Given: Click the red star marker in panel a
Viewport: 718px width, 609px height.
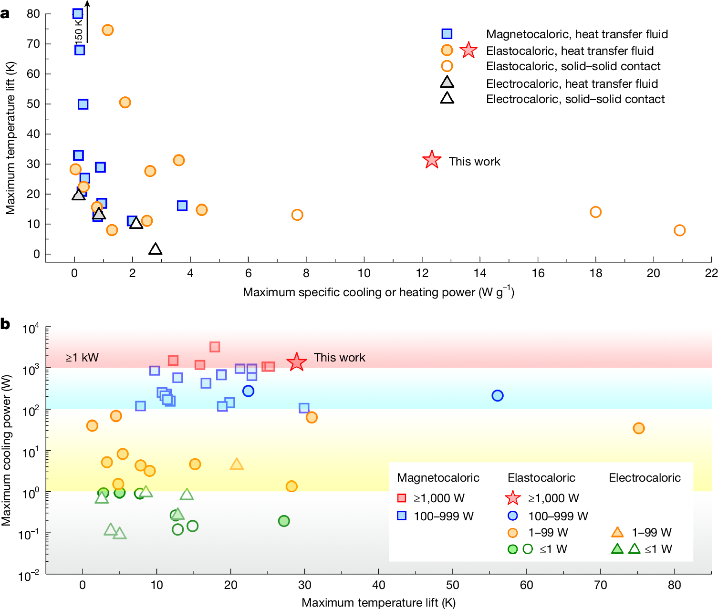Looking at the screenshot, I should point(432,160).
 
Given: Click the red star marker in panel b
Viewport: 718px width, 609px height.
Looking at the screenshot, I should point(297,362).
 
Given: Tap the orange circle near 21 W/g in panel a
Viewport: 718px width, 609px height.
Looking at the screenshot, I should point(679,230).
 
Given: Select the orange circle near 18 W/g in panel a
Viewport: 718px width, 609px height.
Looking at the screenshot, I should point(595,212).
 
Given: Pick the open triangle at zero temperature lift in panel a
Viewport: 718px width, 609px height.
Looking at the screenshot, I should point(155,249).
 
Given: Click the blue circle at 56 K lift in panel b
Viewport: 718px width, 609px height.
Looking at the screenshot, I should point(497,395).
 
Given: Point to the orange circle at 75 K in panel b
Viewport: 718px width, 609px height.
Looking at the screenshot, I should point(638,428).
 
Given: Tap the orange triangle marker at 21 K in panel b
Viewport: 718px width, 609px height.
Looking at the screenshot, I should point(237,464).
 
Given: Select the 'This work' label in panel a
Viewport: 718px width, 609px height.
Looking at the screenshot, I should point(474,162).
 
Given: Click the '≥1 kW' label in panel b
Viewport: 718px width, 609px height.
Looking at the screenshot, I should point(82,358).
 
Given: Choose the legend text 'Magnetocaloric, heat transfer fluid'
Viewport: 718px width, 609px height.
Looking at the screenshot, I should point(577,34).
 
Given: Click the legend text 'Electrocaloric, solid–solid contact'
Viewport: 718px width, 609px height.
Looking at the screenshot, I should point(575,99).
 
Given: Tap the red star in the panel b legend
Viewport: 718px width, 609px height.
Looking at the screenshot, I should point(512,498).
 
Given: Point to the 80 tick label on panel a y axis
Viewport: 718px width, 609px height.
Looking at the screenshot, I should point(33,14).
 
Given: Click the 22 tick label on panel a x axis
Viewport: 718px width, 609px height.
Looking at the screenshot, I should point(711,273).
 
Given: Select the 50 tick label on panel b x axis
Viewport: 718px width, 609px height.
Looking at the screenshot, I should point(452,585).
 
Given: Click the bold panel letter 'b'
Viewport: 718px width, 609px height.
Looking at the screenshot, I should point(5,324).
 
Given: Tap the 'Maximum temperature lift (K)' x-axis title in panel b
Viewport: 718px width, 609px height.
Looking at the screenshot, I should point(378,603).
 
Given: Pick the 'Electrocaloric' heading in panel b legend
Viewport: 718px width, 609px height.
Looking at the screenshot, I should point(645,478).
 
